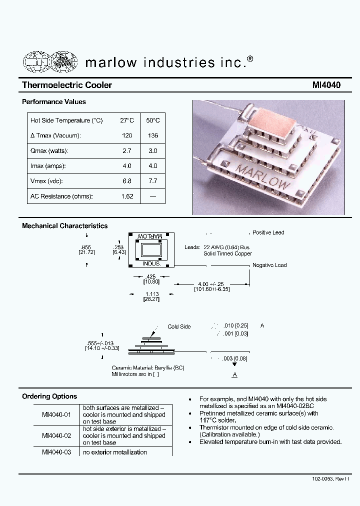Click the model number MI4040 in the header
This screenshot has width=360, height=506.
pos(326,85)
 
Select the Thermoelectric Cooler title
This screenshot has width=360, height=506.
pos(67,85)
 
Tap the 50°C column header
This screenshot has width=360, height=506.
pos(153,120)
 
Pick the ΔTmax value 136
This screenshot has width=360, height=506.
pos(153,135)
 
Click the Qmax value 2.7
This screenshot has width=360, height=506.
pos(127,150)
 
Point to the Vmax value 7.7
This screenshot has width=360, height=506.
pos(153,181)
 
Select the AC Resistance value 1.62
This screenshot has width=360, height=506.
pos(127,196)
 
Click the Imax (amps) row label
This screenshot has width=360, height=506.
pos(48,166)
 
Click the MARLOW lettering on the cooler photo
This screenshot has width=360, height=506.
pos(263,176)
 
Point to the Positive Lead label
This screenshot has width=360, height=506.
pos(268,233)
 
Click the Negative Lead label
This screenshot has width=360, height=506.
pos(269,265)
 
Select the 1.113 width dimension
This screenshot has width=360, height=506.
pos(152,294)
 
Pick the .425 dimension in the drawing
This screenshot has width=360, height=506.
pos(150,276)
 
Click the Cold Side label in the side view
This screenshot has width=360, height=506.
pos(179,326)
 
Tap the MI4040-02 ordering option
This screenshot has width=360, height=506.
pos(56,435)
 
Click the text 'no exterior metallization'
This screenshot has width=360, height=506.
pos(115,452)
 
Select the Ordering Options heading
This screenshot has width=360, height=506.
pos(49,396)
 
